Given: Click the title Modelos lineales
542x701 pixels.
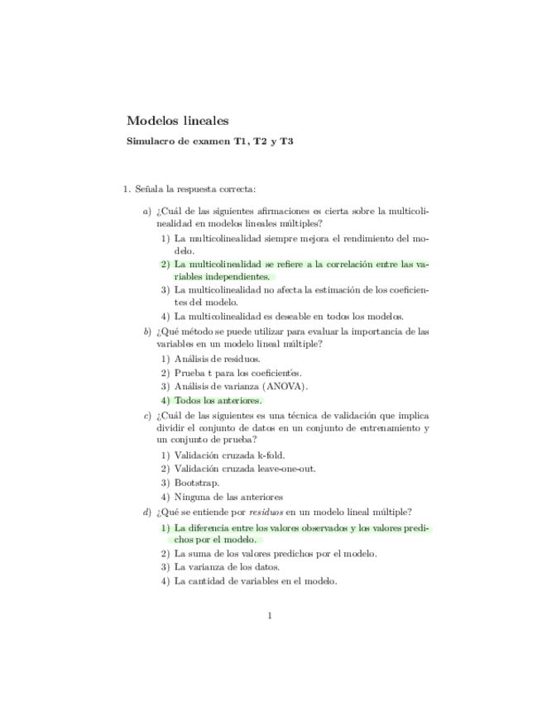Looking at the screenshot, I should [177, 121].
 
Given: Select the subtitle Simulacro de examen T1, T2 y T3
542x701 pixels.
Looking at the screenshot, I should [209, 141].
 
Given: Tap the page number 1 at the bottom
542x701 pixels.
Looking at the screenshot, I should [270, 614].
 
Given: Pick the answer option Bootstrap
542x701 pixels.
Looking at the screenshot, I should [196, 483].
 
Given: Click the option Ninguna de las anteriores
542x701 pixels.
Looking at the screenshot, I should [228, 497].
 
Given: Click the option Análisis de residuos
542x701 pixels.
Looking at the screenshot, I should [217, 359].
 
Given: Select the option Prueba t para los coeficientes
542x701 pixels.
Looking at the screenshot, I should [237, 373].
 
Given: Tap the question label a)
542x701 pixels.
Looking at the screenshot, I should [146, 211].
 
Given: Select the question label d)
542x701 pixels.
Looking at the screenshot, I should [146, 513].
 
